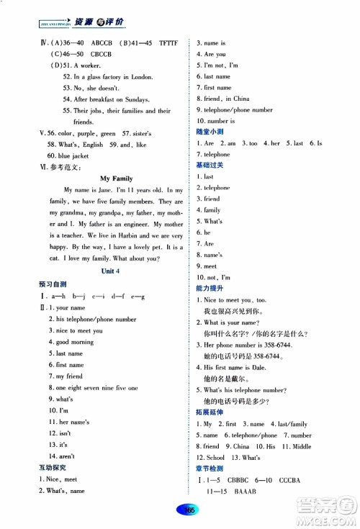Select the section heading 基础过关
[209, 165]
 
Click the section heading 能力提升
[209, 286]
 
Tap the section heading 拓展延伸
[209, 412]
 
